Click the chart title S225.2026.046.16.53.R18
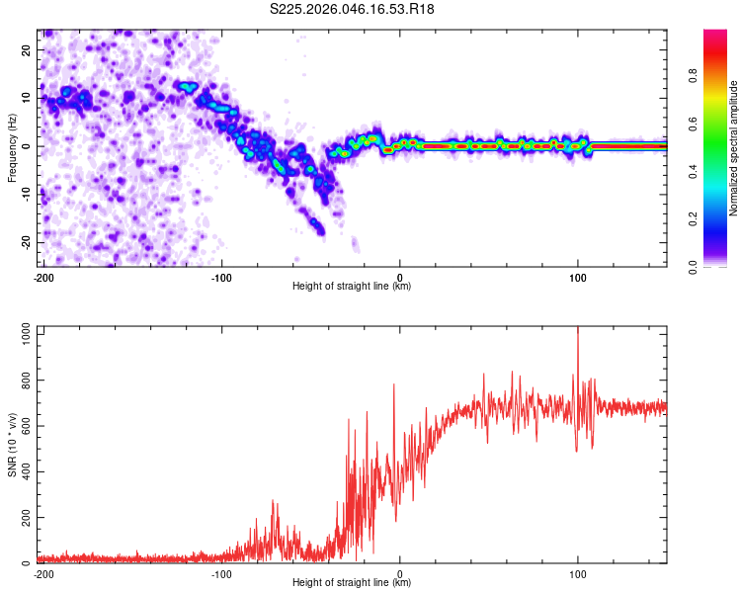353,10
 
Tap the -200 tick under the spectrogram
43,276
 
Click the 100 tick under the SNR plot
578,573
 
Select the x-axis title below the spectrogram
352,287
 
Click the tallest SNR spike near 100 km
578,330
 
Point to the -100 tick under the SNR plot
220,573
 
